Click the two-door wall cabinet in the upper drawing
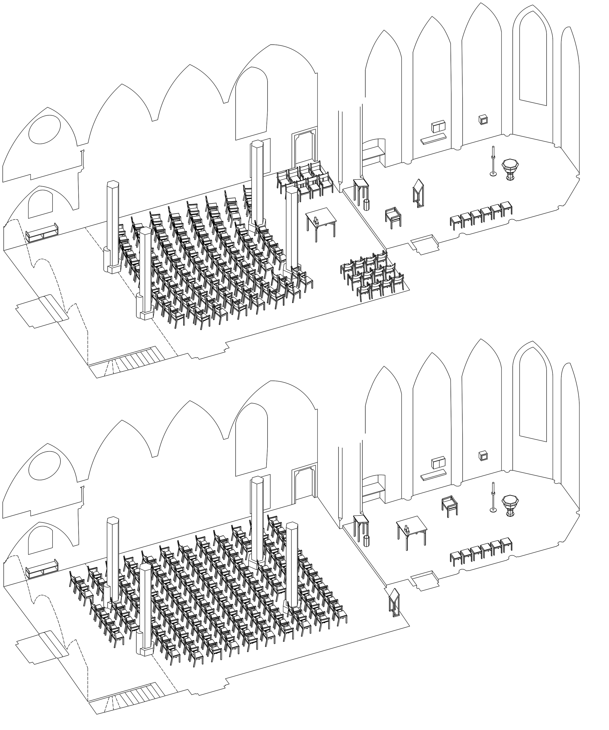[x=438, y=127]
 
